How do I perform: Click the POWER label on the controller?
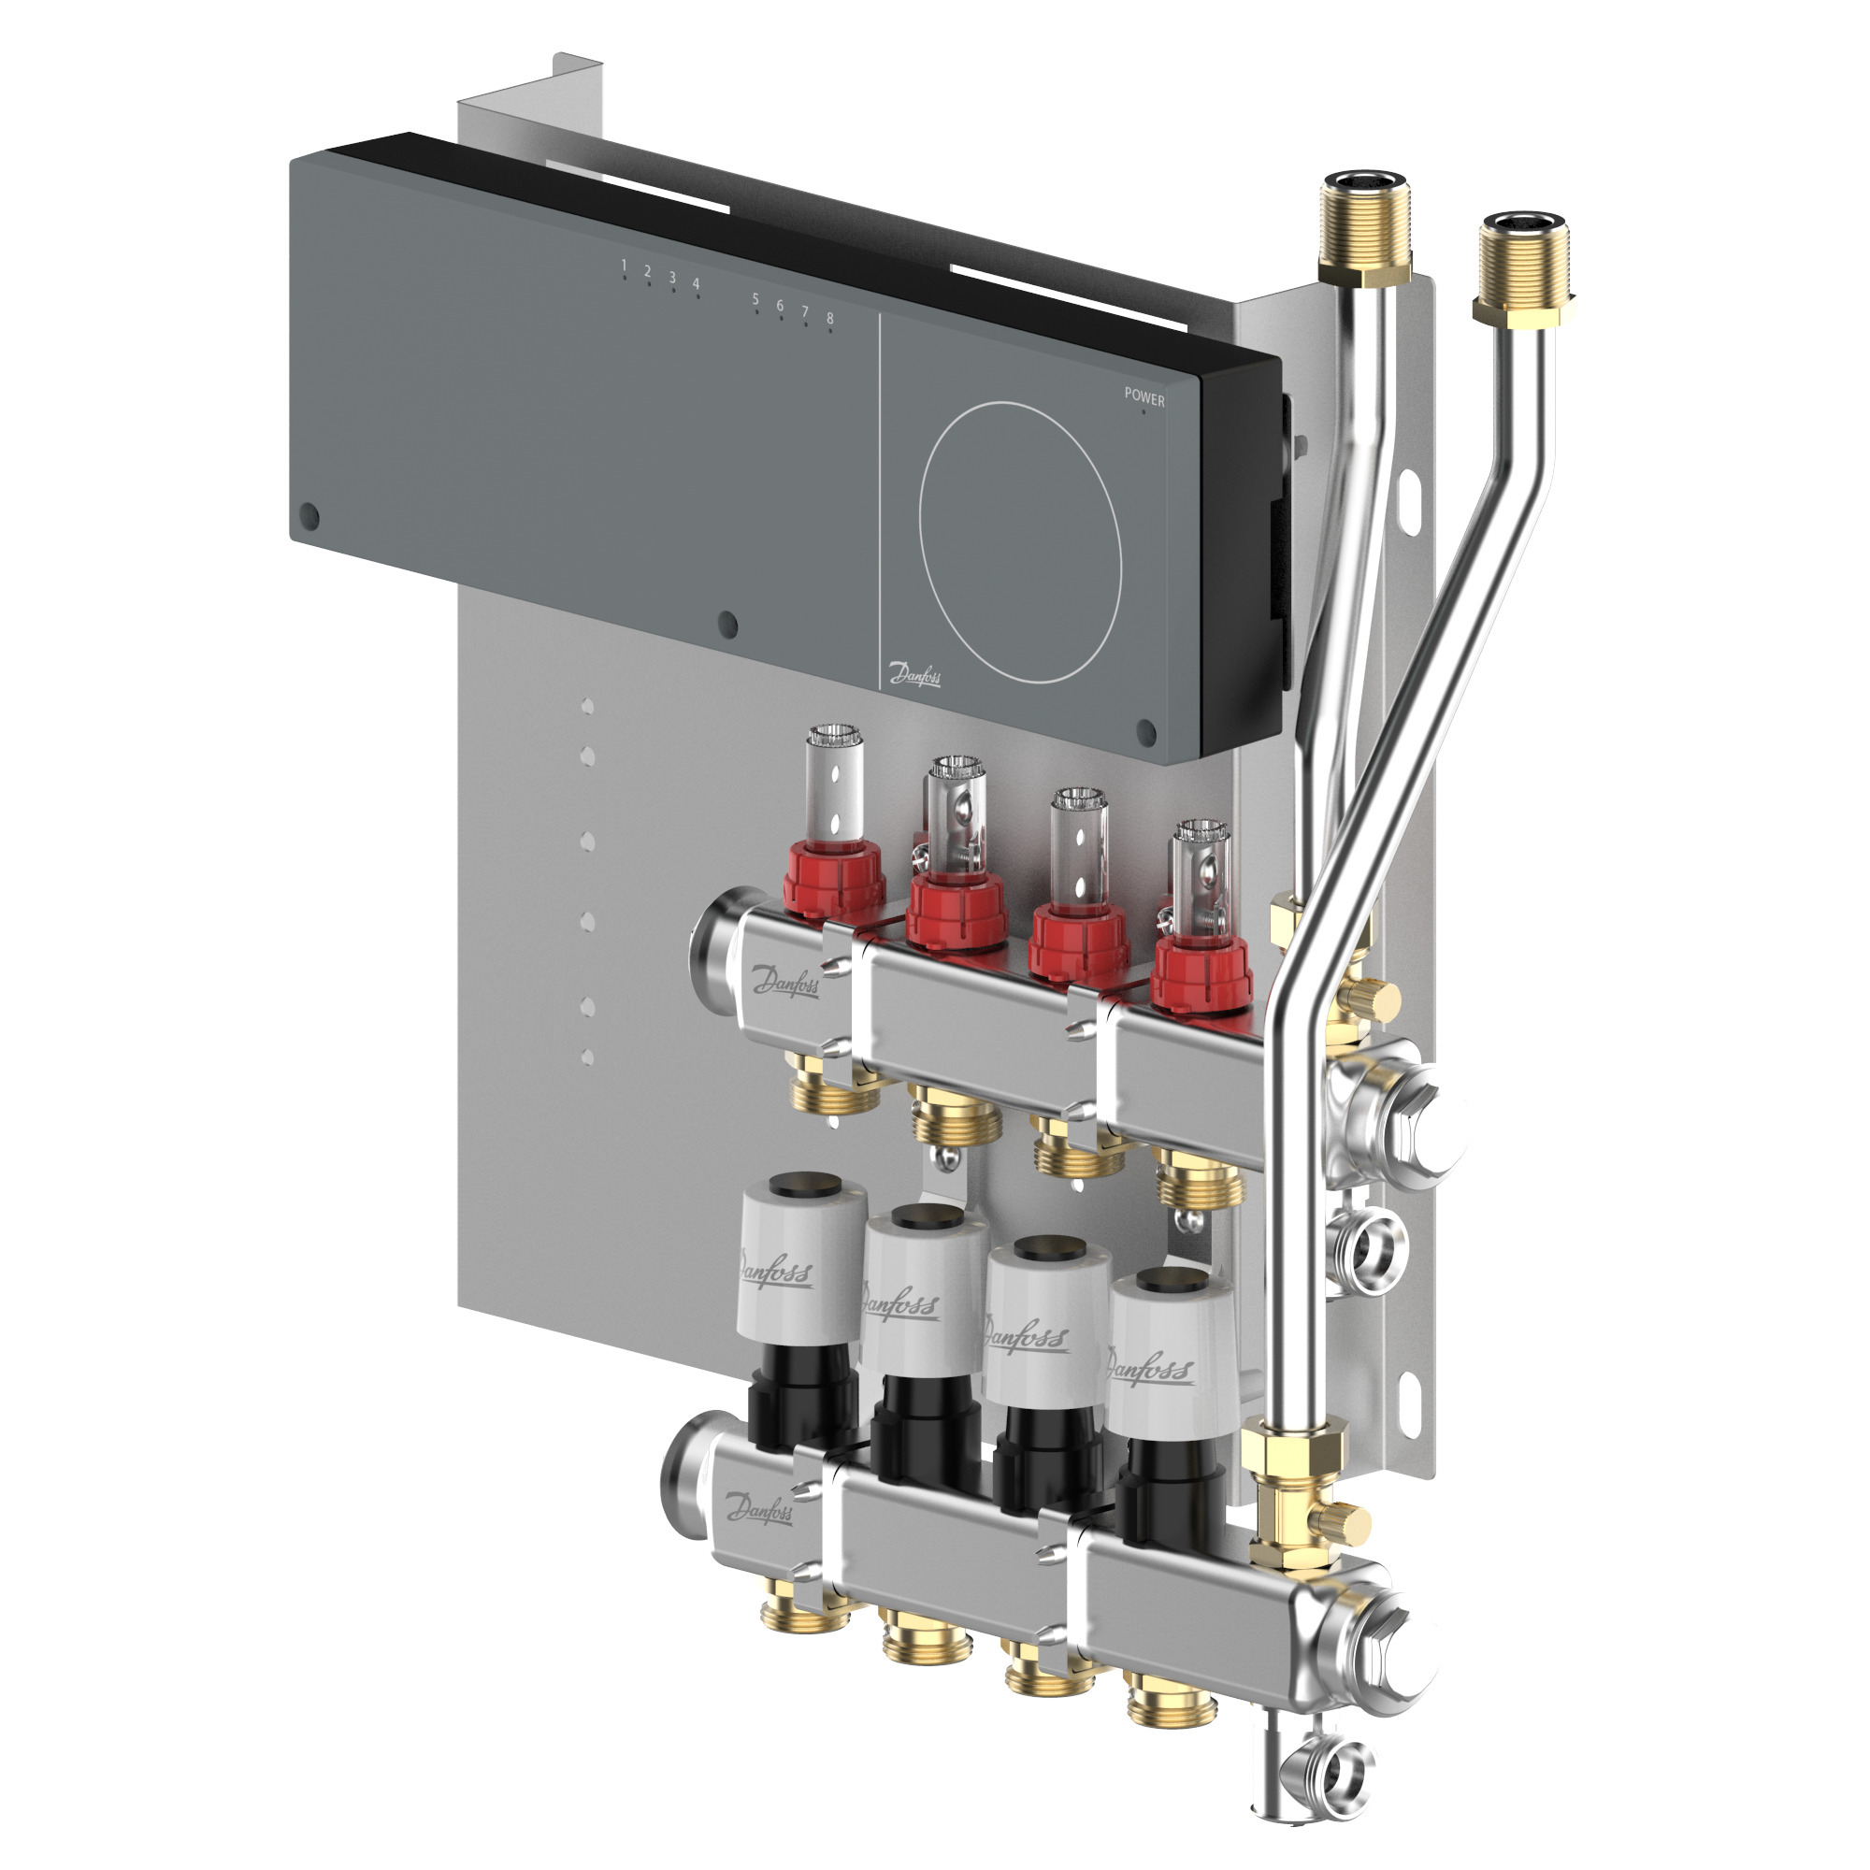pos(1144,396)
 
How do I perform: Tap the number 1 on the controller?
pos(625,266)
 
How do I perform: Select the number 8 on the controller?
pos(829,319)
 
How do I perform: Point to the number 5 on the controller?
pos(755,299)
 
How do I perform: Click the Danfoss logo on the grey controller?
pos(913,673)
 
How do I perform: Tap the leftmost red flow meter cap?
pos(834,879)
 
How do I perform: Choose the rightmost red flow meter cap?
pos(1201,971)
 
